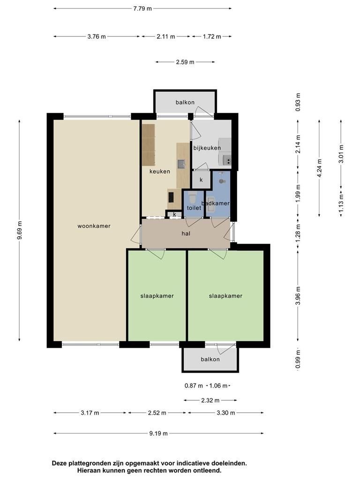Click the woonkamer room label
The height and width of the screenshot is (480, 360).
coord(94,226)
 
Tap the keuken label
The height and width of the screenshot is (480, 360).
coord(159,172)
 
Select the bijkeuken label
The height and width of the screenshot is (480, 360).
coord(207,148)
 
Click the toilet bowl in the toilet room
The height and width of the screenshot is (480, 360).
coord(192,198)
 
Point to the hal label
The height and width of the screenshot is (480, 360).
coord(186,233)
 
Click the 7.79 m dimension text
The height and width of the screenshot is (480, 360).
coord(142,8)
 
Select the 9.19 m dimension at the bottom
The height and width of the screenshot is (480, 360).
coord(158,434)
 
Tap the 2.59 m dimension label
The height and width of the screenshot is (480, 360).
coord(185,62)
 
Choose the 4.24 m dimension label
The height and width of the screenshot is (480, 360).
coord(320,168)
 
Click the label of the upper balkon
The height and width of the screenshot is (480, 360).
coord(185,102)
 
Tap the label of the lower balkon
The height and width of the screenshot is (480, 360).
coord(210,360)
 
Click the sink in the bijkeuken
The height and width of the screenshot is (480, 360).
coord(227,159)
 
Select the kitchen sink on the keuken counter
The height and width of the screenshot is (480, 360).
coord(181,164)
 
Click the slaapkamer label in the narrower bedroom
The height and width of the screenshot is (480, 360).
coord(157,296)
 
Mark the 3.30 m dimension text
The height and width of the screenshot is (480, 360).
coord(226,413)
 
